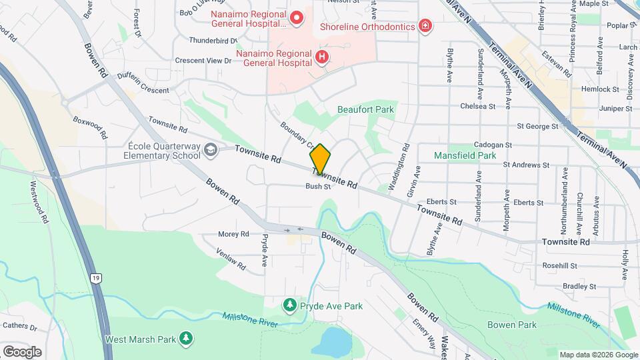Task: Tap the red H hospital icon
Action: point(322,57)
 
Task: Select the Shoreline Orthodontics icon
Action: point(425,27)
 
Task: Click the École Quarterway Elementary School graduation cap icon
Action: point(211,150)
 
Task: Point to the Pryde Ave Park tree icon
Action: point(289,306)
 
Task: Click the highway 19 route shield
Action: point(97,277)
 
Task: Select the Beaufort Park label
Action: point(365,109)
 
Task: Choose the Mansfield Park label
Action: point(465,155)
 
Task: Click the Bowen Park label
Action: point(511,325)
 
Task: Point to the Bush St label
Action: point(319,187)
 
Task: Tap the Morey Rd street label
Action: point(233,234)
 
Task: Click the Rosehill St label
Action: point(560,265)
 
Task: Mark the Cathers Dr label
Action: point(19,325)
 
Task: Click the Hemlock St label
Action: point(600,89)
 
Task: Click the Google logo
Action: point(22,351)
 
